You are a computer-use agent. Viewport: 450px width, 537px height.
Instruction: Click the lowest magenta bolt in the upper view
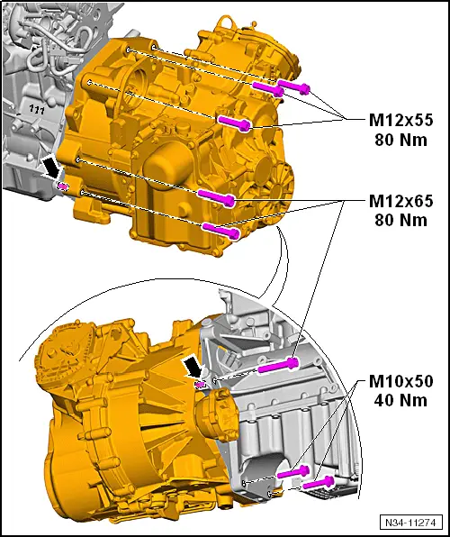click(x=220, y=230)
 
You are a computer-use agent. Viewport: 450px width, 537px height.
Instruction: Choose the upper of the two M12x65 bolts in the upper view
click(x=217, y=196)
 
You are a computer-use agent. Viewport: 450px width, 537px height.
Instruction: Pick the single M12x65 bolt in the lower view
click(x=278, y=365)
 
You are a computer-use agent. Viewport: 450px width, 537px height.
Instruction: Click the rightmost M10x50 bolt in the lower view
click(x=320, y=484)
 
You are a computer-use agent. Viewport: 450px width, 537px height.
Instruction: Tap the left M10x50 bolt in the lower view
click(x=292, y=471)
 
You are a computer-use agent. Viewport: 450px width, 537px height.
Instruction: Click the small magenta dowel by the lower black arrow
click(x=202, y=384)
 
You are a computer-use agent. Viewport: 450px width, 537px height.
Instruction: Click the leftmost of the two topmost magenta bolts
click(x=268, y=87)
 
